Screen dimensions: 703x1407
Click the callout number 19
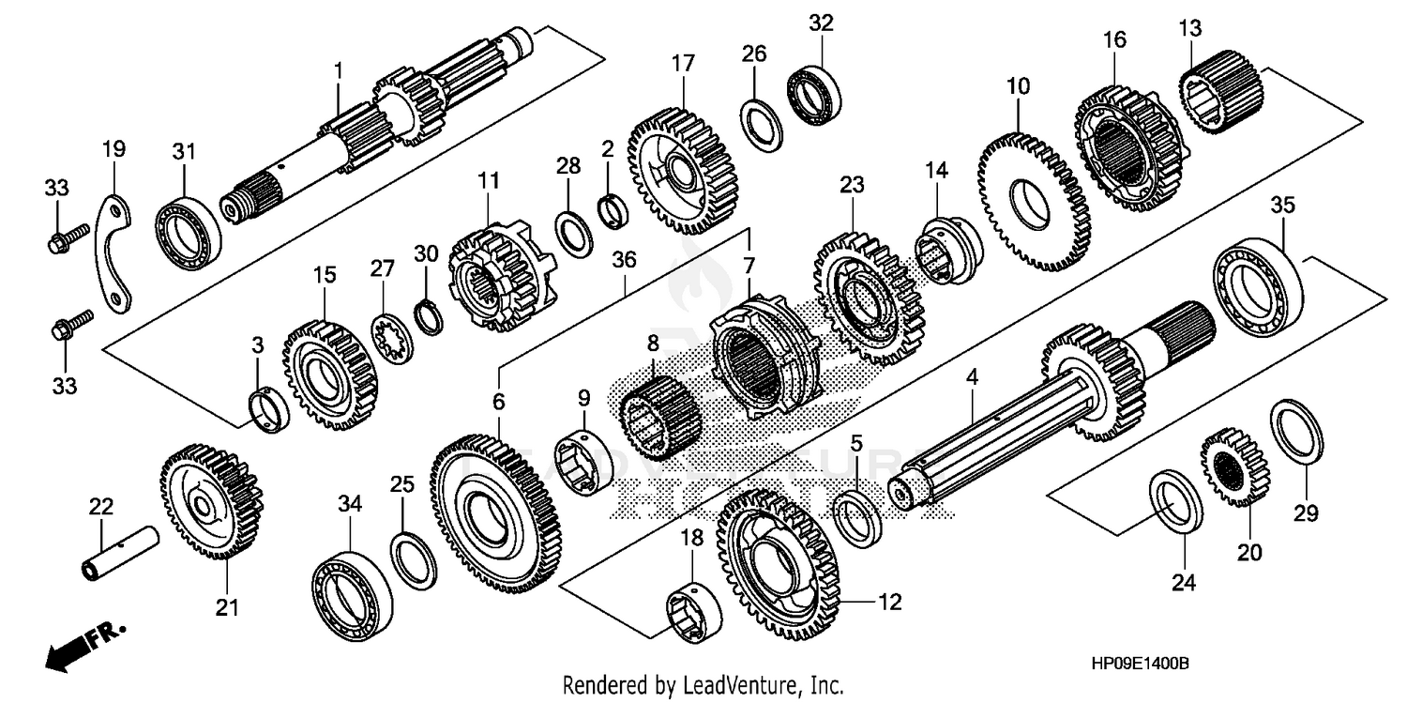[x=113, y=148]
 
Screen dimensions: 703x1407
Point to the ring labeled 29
[x=1296, y=431]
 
